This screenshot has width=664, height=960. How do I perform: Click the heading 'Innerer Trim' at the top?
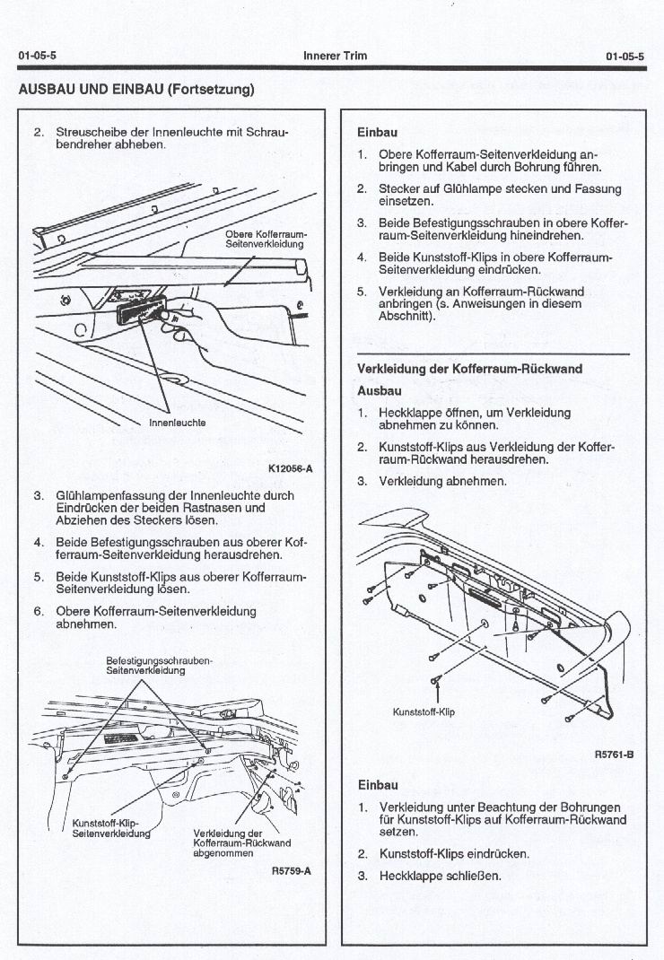(x=335, y=56)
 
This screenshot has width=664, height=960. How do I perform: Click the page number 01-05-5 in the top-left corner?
(x=33, y=56)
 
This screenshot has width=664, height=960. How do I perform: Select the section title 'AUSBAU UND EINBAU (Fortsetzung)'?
(x=136, y=89)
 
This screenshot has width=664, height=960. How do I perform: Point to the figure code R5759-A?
(x=290, y=870)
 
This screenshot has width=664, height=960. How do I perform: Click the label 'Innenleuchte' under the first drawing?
(x=177, y=422)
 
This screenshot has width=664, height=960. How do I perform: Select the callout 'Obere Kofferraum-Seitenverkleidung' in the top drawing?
(x=265, y=240)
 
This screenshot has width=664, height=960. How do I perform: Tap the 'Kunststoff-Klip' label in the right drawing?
(x=425, y=712)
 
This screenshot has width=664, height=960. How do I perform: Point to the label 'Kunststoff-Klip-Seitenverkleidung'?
(x=110, y=827)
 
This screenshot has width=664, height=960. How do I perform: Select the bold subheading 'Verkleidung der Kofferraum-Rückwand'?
(x=469, y=369)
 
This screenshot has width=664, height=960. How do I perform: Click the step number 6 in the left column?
(x=39, y=611)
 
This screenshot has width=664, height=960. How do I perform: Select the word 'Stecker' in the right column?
(x=399, y=188)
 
